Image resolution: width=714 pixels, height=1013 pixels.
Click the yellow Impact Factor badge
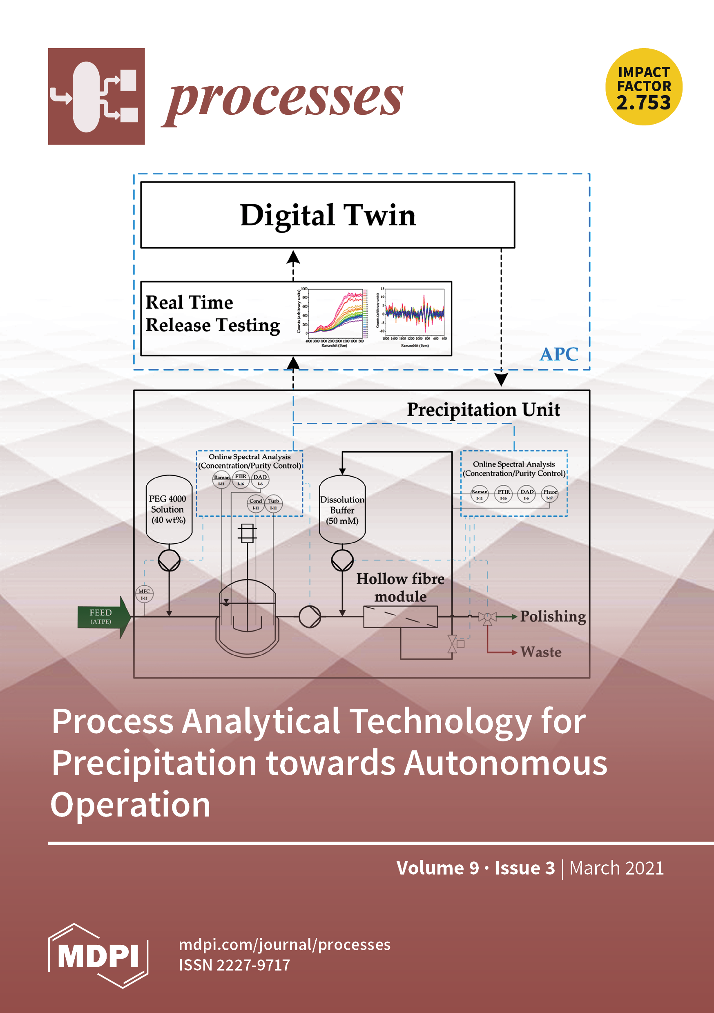[643, 87]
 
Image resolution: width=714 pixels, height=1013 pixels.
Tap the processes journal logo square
[96, 96]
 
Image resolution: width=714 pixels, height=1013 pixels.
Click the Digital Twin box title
[328, 215]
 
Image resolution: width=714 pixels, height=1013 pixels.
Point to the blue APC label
[559, 354]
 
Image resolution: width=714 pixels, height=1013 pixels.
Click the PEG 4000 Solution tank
[169, 510]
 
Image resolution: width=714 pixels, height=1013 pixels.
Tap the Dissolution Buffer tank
[342, 510]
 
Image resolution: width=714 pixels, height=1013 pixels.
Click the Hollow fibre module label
[400, 587]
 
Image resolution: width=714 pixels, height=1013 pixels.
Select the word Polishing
[553, 616]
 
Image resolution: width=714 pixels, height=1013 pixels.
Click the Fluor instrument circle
[550, 494]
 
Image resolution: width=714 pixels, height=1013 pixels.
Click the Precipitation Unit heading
[483, 410]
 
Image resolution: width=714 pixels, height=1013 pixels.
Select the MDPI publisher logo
[98, 956]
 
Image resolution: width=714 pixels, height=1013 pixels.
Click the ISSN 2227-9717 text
[234, 965]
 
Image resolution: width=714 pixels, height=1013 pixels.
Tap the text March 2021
[616, 868]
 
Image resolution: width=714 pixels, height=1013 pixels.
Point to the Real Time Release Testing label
[213, 314]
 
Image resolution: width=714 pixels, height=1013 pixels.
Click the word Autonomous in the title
[505, 763]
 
